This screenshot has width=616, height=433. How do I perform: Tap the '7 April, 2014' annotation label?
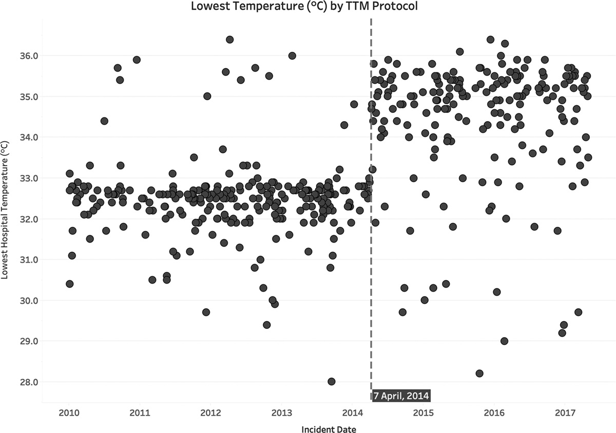click(401, 396)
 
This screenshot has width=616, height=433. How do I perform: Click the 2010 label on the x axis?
click(69, 412)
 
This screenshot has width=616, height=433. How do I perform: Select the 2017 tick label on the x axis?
click(565, 412)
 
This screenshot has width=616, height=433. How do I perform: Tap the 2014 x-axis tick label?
click(353, 412)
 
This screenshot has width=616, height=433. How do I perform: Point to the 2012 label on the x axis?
click(210, 412)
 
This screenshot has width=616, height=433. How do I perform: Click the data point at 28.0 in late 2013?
click(332, 382)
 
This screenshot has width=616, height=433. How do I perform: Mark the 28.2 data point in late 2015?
click(479, 373)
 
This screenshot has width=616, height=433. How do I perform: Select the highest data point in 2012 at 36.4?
click(229, 40)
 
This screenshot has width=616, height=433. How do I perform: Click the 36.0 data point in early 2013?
click(292, 55)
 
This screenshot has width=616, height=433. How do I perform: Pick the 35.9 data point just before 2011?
click(137, 60)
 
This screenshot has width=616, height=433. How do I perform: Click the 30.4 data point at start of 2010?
click(69, 284)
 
